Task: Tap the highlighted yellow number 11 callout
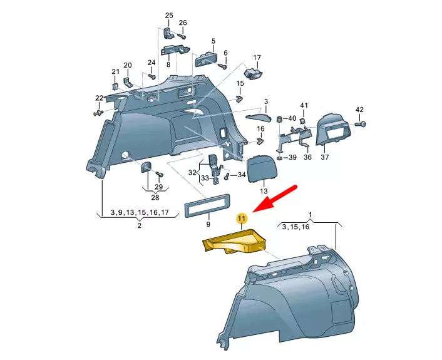click(242, 219)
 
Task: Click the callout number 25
click(169, 15)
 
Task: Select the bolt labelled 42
click(361, 125)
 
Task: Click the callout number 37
click(325, 157)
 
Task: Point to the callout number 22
click(99, 98)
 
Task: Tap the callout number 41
click(304, 105)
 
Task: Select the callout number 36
click(307, 157)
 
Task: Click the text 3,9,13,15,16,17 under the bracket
click(139, 213)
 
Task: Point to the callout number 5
click(213, 41)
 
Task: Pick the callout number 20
click(128, 65)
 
